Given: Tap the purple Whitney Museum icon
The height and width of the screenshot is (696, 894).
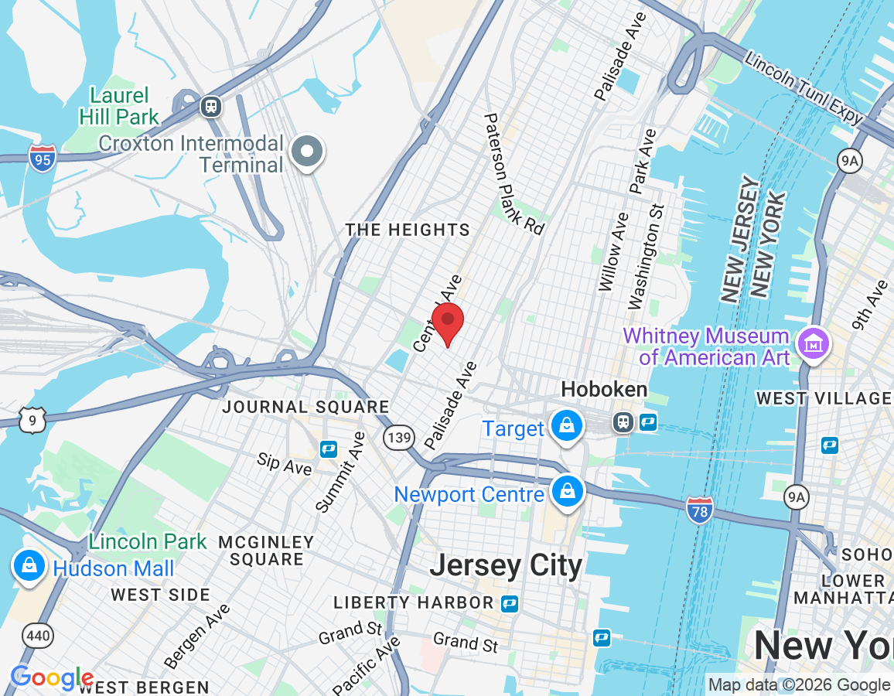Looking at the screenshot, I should coord(813,342).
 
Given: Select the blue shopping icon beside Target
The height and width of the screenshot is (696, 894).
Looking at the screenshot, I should coord(567,425).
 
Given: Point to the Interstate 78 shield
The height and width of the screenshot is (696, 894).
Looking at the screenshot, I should coord(698,510).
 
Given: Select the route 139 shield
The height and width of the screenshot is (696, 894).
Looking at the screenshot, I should coord(398,438).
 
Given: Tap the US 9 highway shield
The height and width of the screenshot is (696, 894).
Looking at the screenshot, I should coord(33,419).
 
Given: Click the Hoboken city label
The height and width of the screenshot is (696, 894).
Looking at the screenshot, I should coord(604,389).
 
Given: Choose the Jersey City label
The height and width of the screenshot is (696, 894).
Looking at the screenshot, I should coord(506,565).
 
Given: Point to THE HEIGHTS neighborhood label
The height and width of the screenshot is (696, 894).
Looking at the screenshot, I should coord(408,230).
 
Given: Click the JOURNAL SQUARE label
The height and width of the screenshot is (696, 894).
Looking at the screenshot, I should coord(306,407).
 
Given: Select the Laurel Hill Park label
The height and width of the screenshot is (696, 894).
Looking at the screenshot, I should coord(119,107).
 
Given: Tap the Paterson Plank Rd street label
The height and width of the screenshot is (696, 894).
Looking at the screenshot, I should coord(514,173).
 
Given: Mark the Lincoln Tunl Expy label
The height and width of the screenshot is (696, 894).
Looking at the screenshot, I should coord(804,87).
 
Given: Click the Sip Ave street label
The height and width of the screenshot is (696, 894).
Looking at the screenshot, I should coord(285,464).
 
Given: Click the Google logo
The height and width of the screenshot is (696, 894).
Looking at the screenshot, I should coord(52,678).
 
